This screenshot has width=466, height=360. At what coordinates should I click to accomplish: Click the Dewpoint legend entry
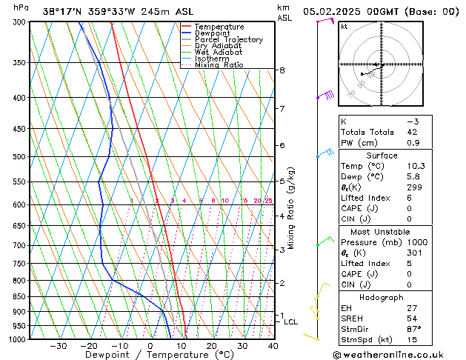point(214,33)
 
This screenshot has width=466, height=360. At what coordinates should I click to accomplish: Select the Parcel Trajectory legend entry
point(228,40)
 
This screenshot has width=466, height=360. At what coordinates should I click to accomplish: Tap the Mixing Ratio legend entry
point(219,65)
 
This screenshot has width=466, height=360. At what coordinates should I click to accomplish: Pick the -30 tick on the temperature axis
point(58,346)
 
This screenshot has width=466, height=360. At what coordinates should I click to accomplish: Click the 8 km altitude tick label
point(282,70)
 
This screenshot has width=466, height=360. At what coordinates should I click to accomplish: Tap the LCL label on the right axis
point(290,322)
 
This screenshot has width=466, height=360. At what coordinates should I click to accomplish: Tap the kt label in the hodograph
point(344,27)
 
